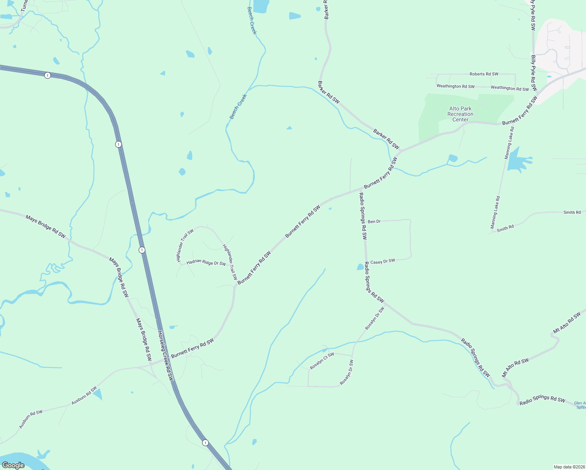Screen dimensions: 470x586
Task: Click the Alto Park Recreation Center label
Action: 460,114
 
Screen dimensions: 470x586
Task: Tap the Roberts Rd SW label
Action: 484,74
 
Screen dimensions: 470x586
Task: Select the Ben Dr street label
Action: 374,222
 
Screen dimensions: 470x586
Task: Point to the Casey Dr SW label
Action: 383,262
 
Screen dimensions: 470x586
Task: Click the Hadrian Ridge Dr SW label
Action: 206,263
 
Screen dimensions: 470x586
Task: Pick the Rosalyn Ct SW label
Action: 322,361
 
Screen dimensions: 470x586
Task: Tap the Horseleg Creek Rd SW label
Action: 165,356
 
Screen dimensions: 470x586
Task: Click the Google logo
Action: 13,465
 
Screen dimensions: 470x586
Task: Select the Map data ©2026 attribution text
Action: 569,467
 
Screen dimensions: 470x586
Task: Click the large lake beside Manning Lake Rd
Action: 517,161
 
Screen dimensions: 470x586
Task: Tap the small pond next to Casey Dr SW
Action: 360,267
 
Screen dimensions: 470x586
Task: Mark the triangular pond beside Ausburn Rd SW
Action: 97,394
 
